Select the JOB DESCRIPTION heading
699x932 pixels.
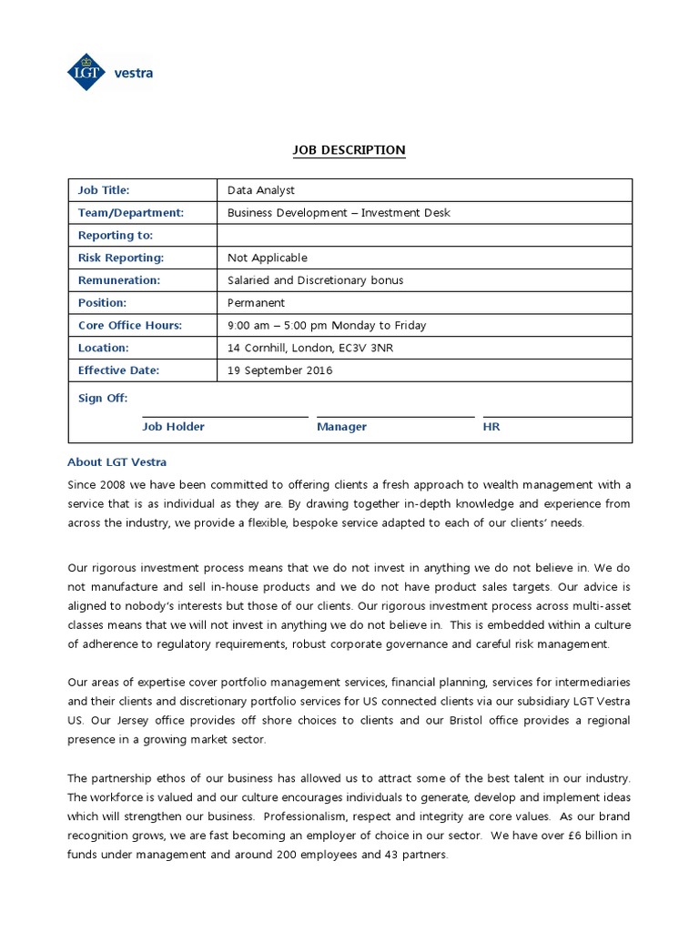pyautogui.click(x=349, y=150)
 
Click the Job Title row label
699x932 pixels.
pyautogui.click(x=104, y=190)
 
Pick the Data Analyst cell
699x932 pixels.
pyautogui.click(x=261, y=190)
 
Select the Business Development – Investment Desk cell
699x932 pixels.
pyautogui.click(x=339, y=213)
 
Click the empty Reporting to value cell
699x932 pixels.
pyautogui.click(x=424, y=236)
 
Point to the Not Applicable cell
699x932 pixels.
pyautogui.click(x=268, y=258)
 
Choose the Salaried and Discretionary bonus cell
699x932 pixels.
pyautogui.click(x=315, y=280)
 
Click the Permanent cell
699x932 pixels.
pyautogui.click(x=256, y=302)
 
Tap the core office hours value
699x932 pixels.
pyautogui.click(x=327, y=325)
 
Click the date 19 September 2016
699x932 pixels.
pyautogui.click(x=280, y=370)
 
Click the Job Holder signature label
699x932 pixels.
pyautogui.click(x=173, y=427)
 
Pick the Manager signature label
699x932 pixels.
pyautogui.click(x=341, y=427)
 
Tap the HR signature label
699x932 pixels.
pyautogui.click(x=491, y=427)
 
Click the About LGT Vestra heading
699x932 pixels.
pyautogui.click(x=117, y=461)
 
